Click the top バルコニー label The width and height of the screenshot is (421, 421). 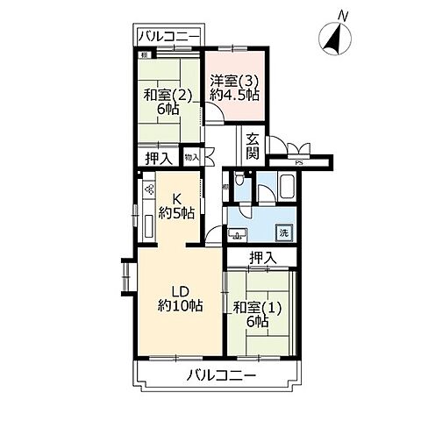(x=169, y=36)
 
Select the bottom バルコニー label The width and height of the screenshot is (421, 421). (x=221, y=376)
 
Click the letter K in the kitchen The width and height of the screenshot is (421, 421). (x=176, y=197)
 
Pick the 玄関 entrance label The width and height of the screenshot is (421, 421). (x=252, y=145)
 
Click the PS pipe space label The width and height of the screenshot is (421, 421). (x=298, y=161)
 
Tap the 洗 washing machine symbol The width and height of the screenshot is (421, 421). (x=283, y=232)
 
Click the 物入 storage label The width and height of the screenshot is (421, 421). (x=191, y=157)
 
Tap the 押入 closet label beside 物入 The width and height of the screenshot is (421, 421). (x=158, y=158)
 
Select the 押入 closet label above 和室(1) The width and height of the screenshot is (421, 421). (x=262, y=258)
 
